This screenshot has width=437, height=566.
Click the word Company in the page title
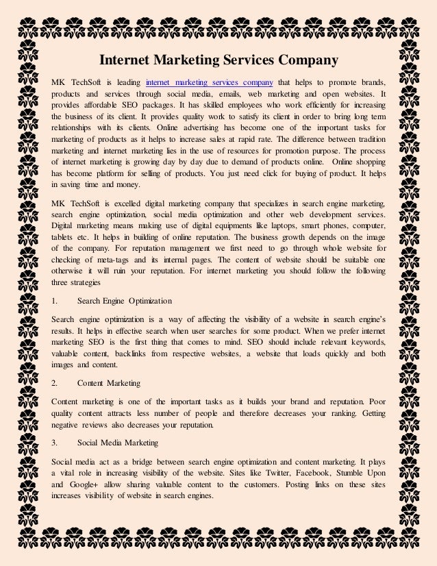(x=305, y=60)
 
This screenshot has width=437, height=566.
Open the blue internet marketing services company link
(x=210, y=81)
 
